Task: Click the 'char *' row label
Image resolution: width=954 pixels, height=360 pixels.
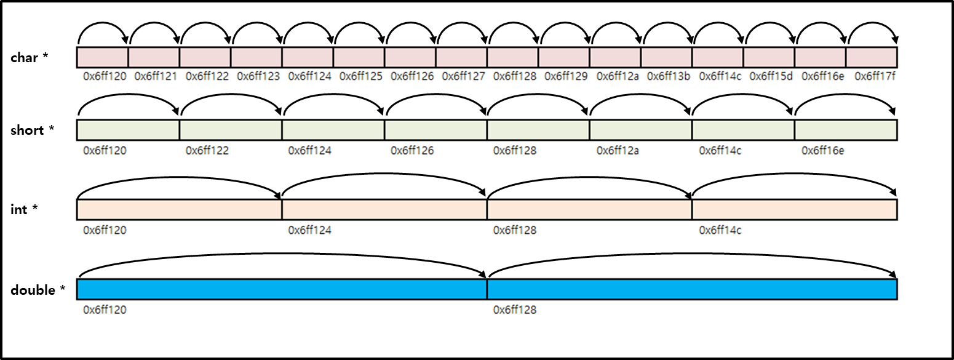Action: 29,58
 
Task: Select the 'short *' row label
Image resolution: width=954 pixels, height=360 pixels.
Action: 32,130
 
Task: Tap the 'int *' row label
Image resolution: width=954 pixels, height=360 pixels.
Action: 24,209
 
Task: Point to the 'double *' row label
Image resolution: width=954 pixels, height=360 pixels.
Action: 38,290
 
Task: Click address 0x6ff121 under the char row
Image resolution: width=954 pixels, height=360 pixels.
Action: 156,76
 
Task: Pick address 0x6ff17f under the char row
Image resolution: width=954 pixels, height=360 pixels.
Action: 873,76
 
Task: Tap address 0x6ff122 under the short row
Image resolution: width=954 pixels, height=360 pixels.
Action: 207,150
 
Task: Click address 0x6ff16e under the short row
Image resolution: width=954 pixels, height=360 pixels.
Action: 822,150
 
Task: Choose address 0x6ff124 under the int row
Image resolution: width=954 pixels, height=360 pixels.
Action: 309,230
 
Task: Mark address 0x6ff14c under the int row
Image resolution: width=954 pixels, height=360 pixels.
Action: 720,230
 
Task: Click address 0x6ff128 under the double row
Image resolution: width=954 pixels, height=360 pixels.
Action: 515,310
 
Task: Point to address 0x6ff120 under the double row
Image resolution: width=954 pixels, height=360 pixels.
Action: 105,310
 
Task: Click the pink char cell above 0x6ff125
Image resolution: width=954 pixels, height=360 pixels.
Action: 359,57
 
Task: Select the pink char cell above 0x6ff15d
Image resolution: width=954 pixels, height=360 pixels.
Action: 769,57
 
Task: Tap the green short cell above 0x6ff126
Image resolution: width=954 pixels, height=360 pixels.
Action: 435,130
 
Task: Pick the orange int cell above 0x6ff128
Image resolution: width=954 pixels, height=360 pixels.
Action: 589,209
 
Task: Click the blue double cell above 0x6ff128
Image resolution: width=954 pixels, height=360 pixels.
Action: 692,289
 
